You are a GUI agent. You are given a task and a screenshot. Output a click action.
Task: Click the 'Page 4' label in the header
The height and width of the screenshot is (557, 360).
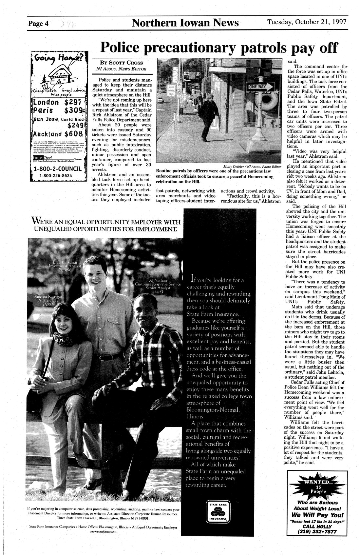click(x=38, y=24)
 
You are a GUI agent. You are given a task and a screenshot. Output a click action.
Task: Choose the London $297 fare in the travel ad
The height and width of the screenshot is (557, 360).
click(x=59, y=102)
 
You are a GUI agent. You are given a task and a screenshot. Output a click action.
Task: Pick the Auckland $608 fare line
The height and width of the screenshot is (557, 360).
click(x=59, y=133)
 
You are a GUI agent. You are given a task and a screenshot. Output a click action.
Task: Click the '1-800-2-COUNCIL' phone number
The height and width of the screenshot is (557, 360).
click(x=58, y=169)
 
